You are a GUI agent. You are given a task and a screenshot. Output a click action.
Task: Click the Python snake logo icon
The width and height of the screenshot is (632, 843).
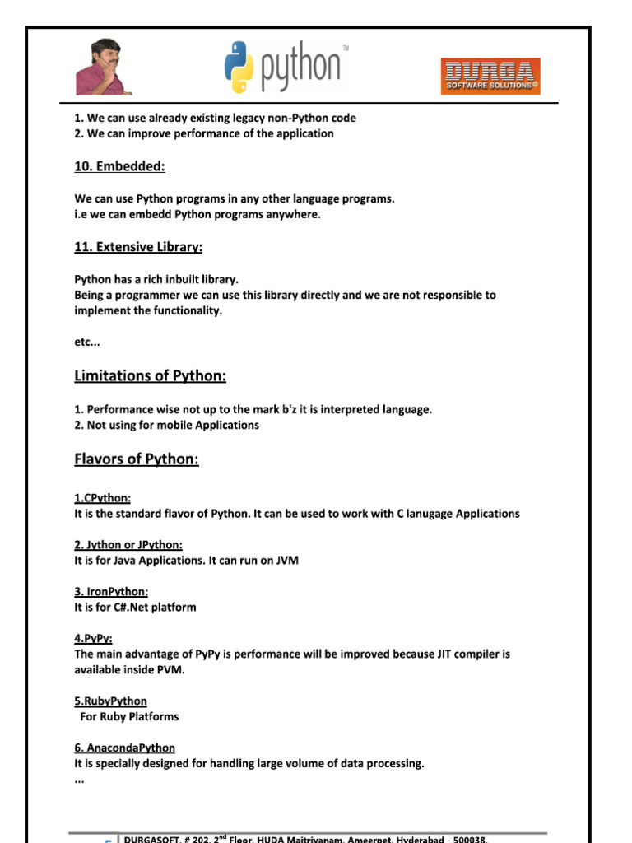pyautogui.click(x=239, y=68)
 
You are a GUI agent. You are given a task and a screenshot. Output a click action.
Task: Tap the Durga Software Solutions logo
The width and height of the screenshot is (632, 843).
pyautogui.click(x=490, y=76)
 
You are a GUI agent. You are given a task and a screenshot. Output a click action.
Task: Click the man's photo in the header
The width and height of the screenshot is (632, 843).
pyautogui.click(x=104, y=68)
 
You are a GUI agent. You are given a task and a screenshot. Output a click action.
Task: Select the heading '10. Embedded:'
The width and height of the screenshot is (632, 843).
pyautogui.click(x=119, y=167)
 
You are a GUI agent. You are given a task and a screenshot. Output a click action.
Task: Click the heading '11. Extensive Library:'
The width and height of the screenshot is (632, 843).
pyautogui.click(x=138, y=247)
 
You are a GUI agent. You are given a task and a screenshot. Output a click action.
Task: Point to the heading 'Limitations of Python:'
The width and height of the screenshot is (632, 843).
pyautogui.click(x=150, y=376)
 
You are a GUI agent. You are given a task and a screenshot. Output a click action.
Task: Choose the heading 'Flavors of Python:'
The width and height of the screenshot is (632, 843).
pyautogui.click(x=137, y=459)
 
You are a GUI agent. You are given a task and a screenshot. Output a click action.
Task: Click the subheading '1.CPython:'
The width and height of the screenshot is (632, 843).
pyautogui.click(x=102, y=498)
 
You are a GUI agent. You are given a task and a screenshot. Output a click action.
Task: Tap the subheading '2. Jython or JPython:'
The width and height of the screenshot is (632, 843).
pyautogui.click(x=128, y=545)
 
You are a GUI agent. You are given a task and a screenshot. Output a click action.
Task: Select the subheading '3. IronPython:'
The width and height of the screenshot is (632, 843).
pyautogui.click(x=111, y=592)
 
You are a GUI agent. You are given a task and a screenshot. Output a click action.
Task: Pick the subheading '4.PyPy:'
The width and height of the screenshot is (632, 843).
pyautogui.click(x=93, y=639)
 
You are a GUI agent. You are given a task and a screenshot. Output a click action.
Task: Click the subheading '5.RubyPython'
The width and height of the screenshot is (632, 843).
pyautogui.click(x=111, y=701)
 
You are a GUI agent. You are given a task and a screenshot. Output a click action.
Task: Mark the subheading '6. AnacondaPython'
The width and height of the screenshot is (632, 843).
pyautogui.click(x=124, y=748)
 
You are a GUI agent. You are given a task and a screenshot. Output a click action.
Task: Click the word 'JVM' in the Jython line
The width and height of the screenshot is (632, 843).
pyautogui.click(x=286, y=561)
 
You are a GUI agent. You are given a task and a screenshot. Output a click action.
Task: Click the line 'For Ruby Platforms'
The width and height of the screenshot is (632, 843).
pyautogui.click(x=129, y=717)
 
